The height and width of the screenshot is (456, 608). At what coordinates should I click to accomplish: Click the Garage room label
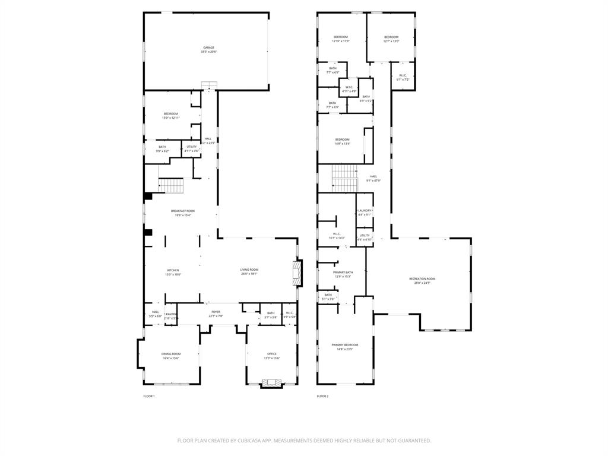pyautogui.click(x=208, y=47)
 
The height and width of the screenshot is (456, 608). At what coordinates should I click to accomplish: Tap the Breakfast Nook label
pyautogui.click(x=183, y=211)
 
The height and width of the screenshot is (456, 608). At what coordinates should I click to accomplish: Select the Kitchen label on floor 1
pyautogui.click(x=173, y=270)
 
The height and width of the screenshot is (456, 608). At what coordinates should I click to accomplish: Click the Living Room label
pyautogui.click(x=249, y=270)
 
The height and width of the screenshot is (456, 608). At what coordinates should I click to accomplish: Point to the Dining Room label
pyautogui.click(x=171, y=354)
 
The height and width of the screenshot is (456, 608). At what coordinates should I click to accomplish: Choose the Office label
pyautogui.click(x=271, y=354)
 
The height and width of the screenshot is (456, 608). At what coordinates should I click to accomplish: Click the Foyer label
pyautogui.click(x=216, y=312)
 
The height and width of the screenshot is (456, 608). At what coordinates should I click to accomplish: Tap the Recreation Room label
pyautogui.click(x=422, y=278)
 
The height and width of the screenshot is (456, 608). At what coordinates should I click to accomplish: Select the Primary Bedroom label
pyautogui.click(x=345, y=345)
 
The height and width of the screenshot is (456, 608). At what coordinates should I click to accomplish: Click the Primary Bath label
pyautogui.click(x=343, y=272)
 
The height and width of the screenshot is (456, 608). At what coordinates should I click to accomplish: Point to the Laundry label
pyautogui.click(x=365, y=211)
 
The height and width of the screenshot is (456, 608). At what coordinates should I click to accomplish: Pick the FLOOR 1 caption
pyautogui.click(x=148, y=396)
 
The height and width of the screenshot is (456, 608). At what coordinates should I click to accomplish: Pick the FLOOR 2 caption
pyautogui.click(x=322, y=396)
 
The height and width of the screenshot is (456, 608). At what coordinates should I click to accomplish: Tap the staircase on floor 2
pyautogui.click(x=344, y=178)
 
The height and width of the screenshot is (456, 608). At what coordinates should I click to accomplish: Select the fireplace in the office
pyautogui.click(x=272, y=384)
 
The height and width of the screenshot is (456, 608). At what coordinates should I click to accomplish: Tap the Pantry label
pyautogui.click(x=171, y=314)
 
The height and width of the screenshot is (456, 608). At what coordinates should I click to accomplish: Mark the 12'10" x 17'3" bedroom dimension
pyautogui.click(x=341, y=41)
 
